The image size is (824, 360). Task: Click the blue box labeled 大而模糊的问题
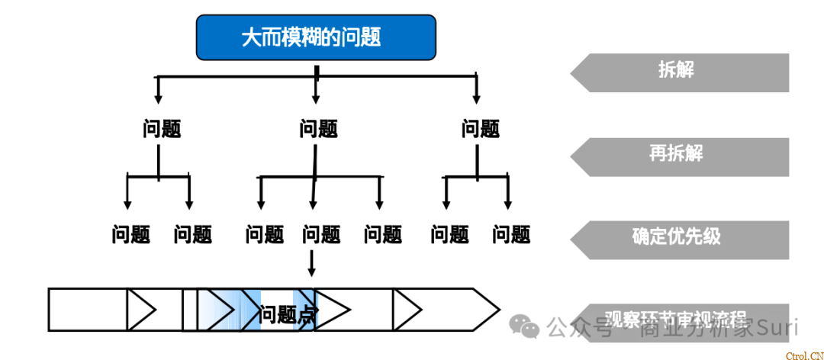click(316, 37)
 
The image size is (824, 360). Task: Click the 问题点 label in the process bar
click(288, 313)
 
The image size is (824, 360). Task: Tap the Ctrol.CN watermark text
click(803, 354)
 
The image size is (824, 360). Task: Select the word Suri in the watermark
click(777, 329)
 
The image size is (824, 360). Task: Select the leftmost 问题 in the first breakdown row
click(162, 128)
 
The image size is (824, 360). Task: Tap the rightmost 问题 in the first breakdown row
click(481, 128)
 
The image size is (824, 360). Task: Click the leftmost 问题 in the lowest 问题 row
click(131, 234)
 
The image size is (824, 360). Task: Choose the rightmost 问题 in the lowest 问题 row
click(511, 234)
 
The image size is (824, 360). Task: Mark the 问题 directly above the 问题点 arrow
click(322, 234)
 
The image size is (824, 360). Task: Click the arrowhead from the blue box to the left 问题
click(158, 98)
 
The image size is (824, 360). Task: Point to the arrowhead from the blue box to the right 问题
click(477, 98)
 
